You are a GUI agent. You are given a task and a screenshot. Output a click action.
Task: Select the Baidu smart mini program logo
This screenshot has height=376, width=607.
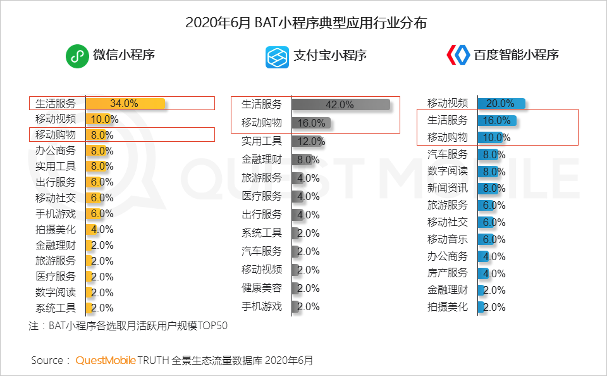(x=457, y=56)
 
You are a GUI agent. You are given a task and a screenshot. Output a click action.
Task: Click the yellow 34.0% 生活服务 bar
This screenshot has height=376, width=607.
(x=125, y=104)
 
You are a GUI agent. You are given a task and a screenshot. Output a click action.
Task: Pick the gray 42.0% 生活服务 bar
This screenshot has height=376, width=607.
(x=341, y=104)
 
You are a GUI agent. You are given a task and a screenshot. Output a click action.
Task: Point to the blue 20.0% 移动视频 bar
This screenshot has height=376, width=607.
(x=501, y=103)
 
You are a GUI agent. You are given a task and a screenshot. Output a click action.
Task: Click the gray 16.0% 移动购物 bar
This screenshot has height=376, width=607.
(x=310, y=123)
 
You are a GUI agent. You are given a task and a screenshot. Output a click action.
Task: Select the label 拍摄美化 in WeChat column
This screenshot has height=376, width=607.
(x=56, y=229)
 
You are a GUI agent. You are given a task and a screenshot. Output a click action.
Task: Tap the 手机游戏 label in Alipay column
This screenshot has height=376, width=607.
(x=262, y=306)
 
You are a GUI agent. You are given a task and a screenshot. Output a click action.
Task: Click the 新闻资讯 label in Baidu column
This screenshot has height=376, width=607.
(x=448, y=188)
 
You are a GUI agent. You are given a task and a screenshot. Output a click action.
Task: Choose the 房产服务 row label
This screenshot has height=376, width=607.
(x=448, y=273)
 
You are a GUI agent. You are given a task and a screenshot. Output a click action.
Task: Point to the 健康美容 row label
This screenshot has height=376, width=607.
(x=262, y=288)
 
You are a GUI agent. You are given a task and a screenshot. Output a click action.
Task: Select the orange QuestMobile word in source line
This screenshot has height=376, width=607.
(x=106, y=360)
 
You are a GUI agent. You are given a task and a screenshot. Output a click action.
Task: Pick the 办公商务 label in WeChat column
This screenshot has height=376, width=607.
(x=56, y=151)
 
